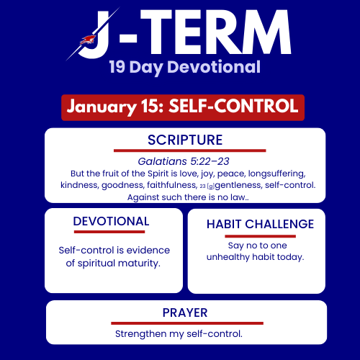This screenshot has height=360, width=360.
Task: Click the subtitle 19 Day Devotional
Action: (x=184, y=68)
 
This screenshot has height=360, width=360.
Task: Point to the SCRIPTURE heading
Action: (x=185, y=140)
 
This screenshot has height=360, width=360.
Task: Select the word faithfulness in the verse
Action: (x=164, y=185)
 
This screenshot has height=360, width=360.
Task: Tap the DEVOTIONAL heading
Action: (x=111, y=222)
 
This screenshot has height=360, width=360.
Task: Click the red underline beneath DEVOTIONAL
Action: (x=109, y=232)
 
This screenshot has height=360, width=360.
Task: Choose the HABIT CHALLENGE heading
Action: (x=260, y=224)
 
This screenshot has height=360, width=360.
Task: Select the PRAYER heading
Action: (x=185, y=312)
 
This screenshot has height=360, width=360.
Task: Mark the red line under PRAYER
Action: (x=186, y=323)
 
